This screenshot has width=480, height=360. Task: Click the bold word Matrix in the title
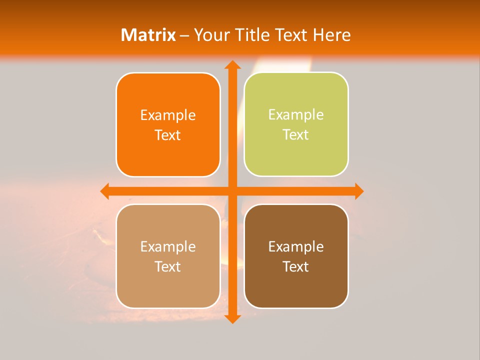148,35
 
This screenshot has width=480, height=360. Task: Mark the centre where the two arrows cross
232,191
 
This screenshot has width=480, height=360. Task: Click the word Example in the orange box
168,115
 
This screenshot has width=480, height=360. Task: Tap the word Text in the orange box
168,135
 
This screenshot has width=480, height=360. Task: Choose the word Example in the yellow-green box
296,115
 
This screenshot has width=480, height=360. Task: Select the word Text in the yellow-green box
296,135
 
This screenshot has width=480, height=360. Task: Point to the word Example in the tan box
168,247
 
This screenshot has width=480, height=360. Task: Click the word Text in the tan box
168,267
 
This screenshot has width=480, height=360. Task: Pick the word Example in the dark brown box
296,247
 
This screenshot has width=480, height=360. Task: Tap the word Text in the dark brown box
296,267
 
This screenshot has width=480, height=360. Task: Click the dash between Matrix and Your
185,35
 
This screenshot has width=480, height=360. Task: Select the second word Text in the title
292,35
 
